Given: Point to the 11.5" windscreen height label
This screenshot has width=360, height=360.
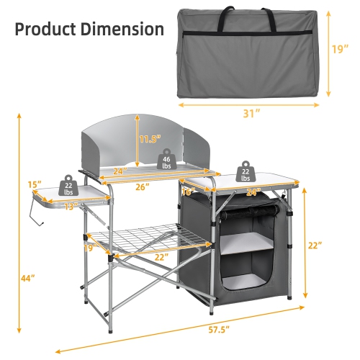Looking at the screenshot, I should point(150,138).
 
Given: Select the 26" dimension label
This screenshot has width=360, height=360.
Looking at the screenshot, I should point(141,187).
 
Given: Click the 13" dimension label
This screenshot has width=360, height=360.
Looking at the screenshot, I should point(70,207).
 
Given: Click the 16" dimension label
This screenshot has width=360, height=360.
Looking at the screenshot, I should point(188,192).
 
